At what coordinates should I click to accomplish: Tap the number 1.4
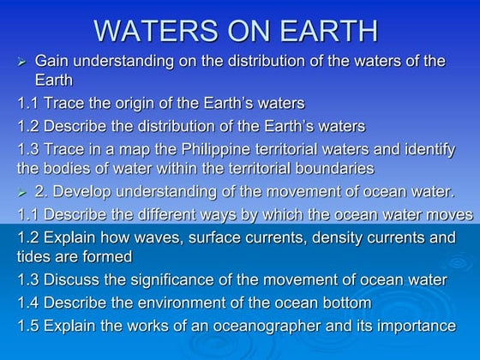(29, 303)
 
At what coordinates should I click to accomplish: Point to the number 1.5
(29, 326)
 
